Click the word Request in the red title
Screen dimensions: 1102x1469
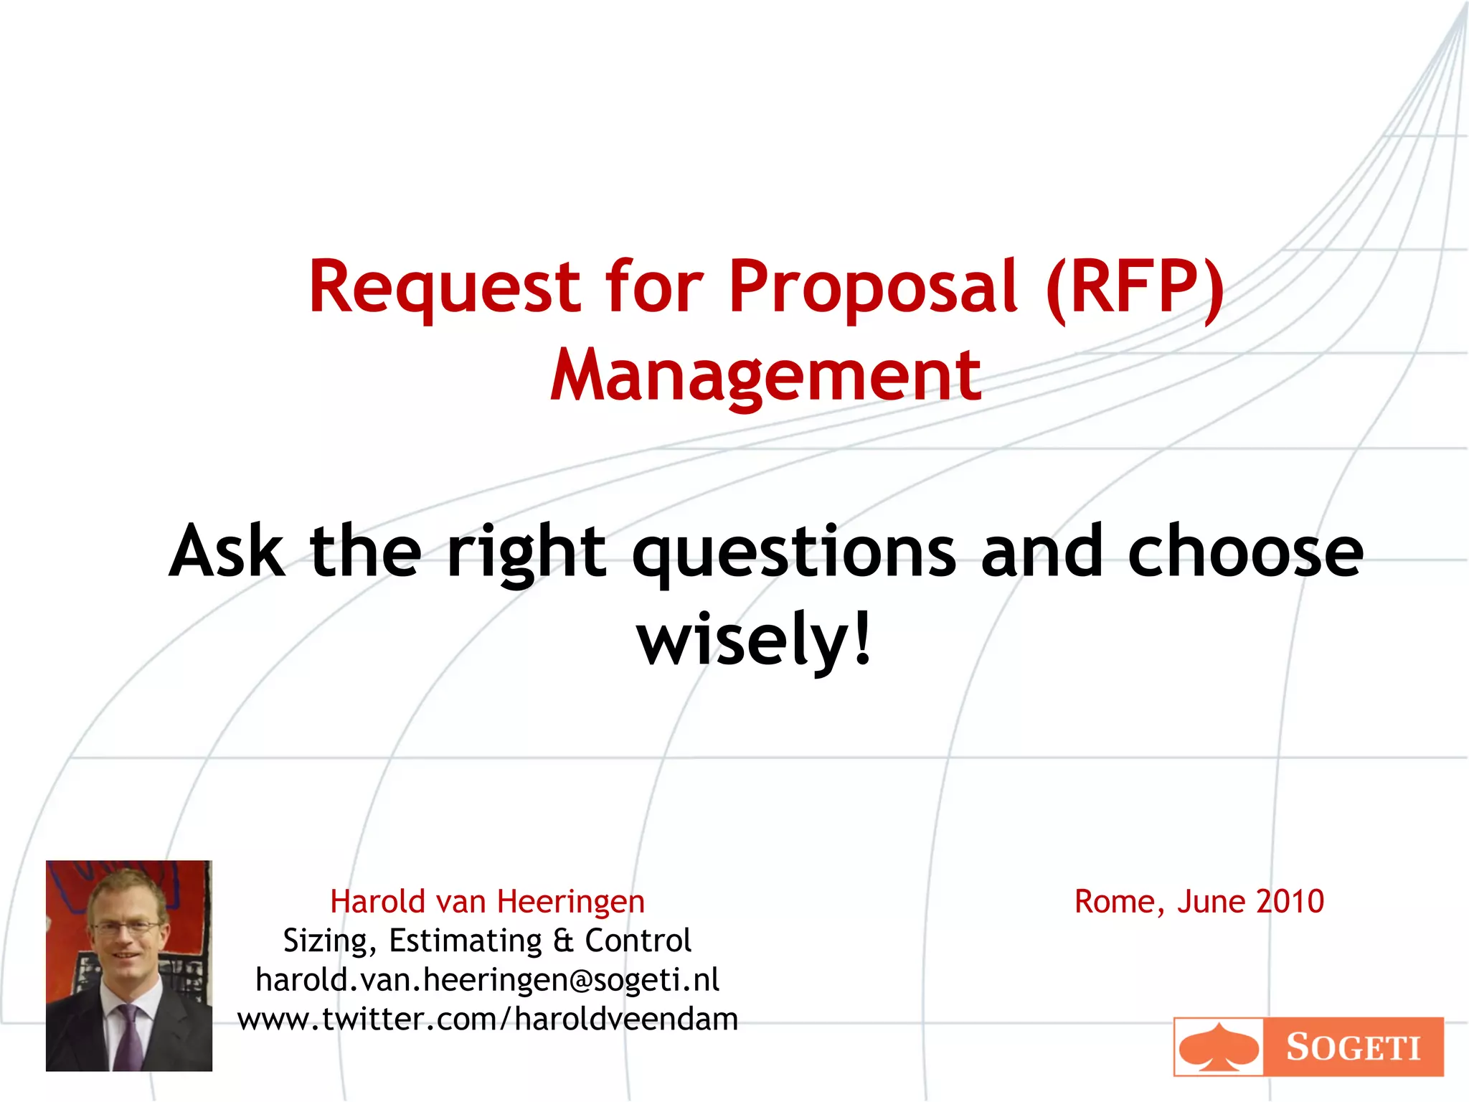click(x=444, y=287)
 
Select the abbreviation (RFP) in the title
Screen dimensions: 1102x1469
click(x=1135, y=287)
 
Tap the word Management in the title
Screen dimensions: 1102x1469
click(x=765, y=375)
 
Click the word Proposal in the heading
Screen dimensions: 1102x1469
click(x=873, y=287)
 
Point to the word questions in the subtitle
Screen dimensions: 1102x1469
click(x=794, y=552)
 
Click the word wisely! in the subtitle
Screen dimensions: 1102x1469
click(x=755, y=639)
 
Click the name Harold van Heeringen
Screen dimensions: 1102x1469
click(x=487, y=902)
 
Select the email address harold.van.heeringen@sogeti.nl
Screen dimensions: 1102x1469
click(x=487, y=980)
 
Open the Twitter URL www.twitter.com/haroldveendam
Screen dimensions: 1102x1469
click(x=487, y=1019)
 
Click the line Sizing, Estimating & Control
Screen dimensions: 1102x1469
click(x=487, y=941)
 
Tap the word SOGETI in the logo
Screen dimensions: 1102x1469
click(x=1353, y=1047)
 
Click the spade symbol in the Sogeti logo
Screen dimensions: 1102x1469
click(x=1219, y=1047)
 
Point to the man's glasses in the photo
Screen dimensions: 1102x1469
click(x=126, y=928)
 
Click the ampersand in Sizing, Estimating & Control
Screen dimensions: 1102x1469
click(x=563, y=941)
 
